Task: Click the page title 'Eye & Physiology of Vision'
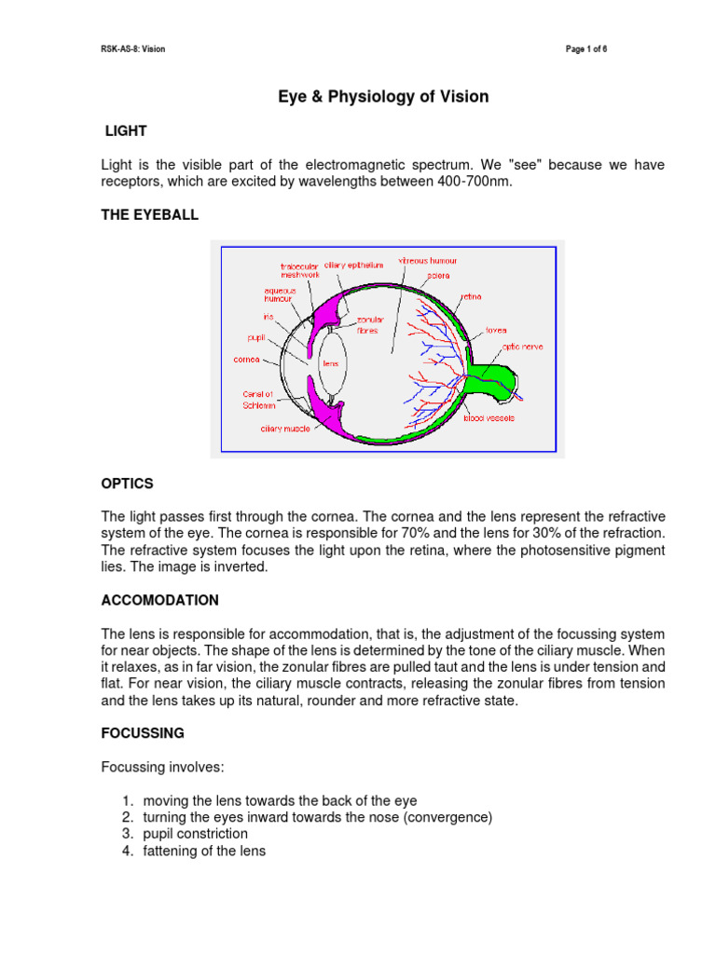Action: tap(382, 97)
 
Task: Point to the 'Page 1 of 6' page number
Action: tap(587, 48)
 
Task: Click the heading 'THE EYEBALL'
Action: tap(149, 215)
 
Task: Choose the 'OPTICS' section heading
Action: tap(127, 484)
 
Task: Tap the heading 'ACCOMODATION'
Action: tap(159, 600)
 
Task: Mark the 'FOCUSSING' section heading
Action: tap(142, 733)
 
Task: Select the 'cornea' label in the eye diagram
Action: tap(246, 359)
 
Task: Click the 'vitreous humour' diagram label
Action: tap(428, 261)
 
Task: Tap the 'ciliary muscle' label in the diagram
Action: tap(284, 430)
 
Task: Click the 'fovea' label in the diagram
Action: tap(495, 329)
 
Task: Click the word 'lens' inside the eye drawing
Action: tap(330, 363)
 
